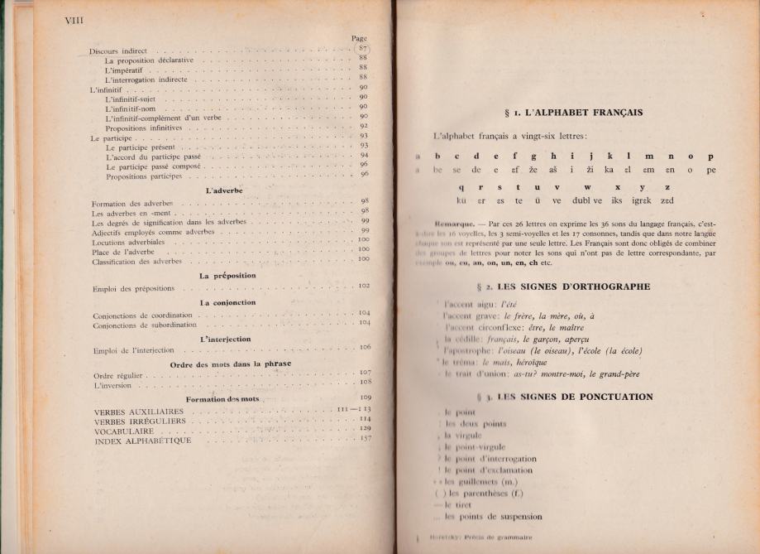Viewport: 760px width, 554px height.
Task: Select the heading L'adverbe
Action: coord(218,190)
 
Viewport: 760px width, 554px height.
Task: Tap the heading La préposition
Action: coord(227,275)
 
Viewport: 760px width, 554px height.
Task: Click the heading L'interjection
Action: coord(226,339)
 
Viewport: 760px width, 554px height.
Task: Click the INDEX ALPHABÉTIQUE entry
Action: coord(143,441)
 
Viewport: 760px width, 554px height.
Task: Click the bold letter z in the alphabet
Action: coord(667,186)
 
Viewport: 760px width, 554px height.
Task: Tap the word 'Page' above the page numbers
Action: coord(359,38)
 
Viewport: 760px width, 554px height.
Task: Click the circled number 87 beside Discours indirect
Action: coord(361,49)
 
